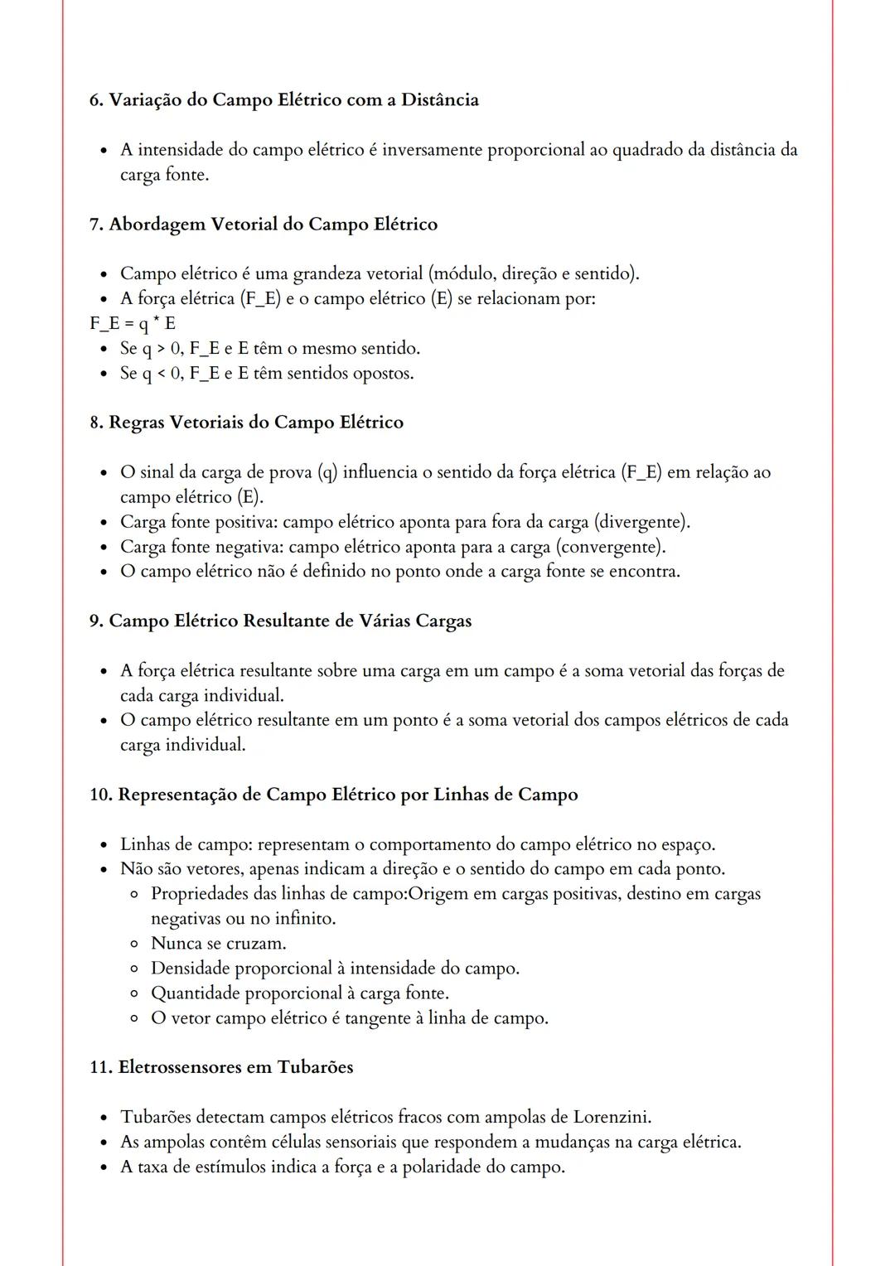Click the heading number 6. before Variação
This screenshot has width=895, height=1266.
coord(96,100)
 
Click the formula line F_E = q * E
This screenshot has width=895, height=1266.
coord(133,323)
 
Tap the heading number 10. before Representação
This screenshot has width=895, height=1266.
coord(101,795)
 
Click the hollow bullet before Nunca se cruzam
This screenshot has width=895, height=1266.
coord(133,944)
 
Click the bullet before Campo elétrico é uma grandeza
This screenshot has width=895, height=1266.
coord(104,274)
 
